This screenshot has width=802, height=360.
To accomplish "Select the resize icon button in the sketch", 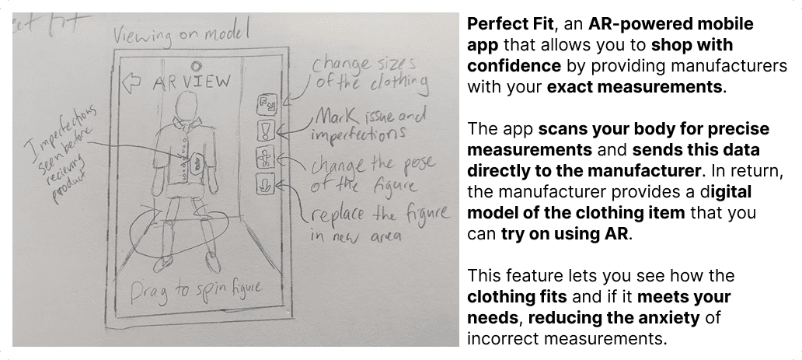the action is point(266,103).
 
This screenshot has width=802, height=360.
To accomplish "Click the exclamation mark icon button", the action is point(266,130).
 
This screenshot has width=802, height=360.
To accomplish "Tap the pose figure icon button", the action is point(266,158).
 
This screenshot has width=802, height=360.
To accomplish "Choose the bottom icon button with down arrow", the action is point(266,185).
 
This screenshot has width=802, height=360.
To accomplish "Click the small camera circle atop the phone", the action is point(196,65).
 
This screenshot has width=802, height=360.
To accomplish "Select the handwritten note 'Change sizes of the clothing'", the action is point(369,72).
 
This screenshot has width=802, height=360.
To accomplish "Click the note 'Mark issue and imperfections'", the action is point(369,124).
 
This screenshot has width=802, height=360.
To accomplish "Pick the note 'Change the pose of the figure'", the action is point(365,176).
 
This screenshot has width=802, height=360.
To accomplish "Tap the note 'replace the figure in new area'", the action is point(373,222).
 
